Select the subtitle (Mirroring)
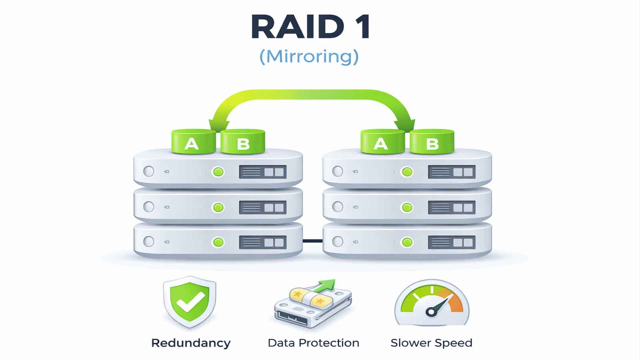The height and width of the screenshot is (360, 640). tap(309, 56)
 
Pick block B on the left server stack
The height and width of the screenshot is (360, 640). tap(243, 142)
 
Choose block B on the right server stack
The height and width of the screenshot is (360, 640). tap(432, 142)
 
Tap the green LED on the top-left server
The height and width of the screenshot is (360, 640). tap(218, 172)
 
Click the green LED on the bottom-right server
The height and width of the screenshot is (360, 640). tap(407, 242)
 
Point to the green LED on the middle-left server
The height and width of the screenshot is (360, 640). tap(218, 207)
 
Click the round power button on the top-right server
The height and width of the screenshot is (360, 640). tap(338, 172)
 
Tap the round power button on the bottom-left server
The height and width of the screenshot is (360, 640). tap(149, 242)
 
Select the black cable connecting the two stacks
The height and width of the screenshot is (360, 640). tap(312, 241)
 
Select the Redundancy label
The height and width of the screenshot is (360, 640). tap(191, 343)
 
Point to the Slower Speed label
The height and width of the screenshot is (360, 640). tap(431, 343)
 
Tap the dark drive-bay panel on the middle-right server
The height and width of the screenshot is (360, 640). tap(452, 207)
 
